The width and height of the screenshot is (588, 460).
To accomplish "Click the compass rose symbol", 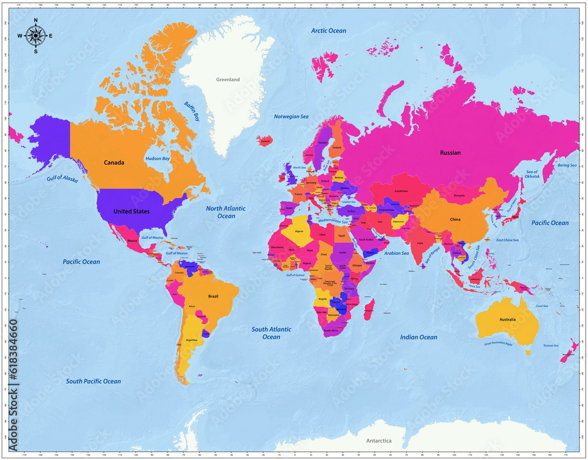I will point(35,35).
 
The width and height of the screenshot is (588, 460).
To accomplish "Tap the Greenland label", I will point(228,79).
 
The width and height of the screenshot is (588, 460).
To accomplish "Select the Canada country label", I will point(114,163).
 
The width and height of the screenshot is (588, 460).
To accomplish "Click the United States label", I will point(131,211).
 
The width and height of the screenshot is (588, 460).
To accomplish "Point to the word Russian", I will point(450,153).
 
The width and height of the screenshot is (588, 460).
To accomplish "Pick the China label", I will point(455,219).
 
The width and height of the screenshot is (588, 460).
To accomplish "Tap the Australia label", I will point(507,319).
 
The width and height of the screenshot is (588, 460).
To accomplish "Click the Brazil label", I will point(213,296).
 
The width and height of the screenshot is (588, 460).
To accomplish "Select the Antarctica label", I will point(379,441).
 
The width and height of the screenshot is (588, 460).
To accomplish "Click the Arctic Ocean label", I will point(329,31).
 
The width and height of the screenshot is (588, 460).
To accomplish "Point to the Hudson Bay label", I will point(158,159).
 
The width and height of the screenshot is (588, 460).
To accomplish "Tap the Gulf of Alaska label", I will point(62,179).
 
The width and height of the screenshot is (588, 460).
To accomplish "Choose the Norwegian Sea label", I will point(291,116).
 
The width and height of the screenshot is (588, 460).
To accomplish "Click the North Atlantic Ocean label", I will point(226,212).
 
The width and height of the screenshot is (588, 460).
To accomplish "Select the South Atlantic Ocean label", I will point(271,333).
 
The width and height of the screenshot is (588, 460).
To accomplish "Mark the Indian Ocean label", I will point(419,337).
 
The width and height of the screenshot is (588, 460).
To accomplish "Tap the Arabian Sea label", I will point(396,253).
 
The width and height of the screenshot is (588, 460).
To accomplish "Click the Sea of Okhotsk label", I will point(532,174).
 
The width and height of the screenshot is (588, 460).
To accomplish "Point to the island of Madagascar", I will point(369,308).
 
